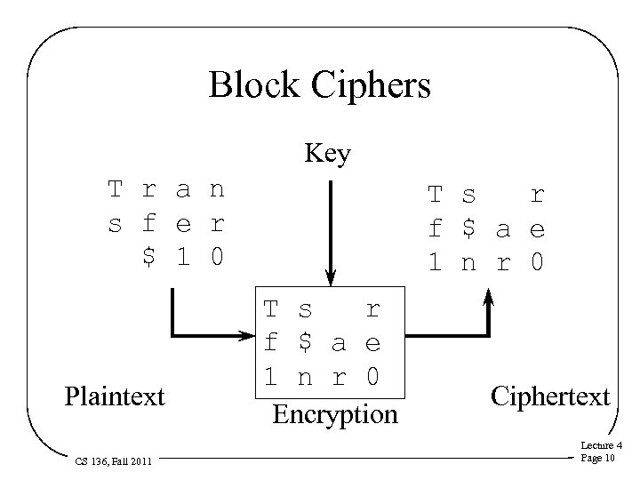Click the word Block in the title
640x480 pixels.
point(252,85)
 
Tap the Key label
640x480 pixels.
point(327,155)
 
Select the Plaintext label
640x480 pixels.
point(115,396)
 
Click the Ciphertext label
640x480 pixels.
point(550,396)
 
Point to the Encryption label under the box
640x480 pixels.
point(335,414)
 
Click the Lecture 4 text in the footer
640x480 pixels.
point(601,446)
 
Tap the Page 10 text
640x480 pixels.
point(597,459)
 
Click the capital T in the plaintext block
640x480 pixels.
point(115,189)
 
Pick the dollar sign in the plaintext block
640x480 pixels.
point(149,257)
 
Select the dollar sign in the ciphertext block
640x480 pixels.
point(468,229)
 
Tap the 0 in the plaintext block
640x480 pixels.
point(216,257)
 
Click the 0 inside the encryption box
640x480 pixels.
point(372,377)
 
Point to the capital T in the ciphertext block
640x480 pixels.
point(435,195)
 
